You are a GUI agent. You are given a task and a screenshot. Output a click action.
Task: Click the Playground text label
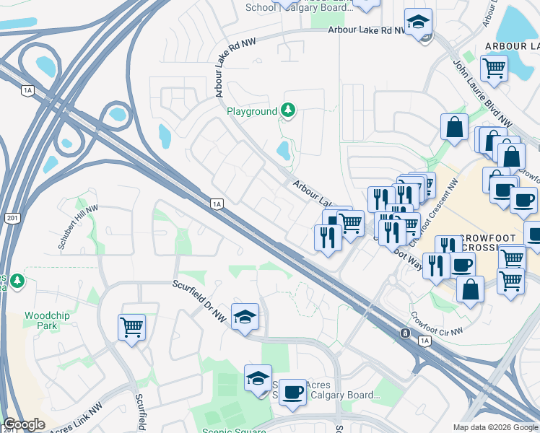click(252, 112)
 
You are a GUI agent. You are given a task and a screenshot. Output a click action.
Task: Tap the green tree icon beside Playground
click(289, 110)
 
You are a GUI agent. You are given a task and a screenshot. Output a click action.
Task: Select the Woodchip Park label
click(40, 321)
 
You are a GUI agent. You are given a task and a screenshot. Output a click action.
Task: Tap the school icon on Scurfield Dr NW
click(245, 316)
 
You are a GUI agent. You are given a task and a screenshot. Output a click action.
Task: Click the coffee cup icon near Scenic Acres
click(292, 392)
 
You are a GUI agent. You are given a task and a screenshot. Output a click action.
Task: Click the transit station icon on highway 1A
click(406, 333)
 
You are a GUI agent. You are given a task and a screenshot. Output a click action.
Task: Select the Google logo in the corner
click(24, 424)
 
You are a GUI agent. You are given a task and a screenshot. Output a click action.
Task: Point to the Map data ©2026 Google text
click(495, 427)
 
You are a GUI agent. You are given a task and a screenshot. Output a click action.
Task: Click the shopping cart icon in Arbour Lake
click(494, 69)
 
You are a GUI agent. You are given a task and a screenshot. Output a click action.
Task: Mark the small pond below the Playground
click(283, 150)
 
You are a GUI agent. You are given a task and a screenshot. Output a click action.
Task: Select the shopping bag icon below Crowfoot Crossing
click(470, 289)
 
